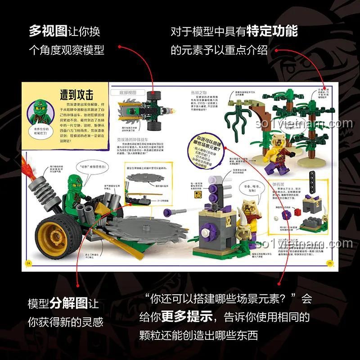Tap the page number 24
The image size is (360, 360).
coord(28,263)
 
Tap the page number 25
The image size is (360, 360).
coord(330,263)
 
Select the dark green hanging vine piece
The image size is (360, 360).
coord(237,112)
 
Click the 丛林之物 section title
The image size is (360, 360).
coord(199,92)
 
